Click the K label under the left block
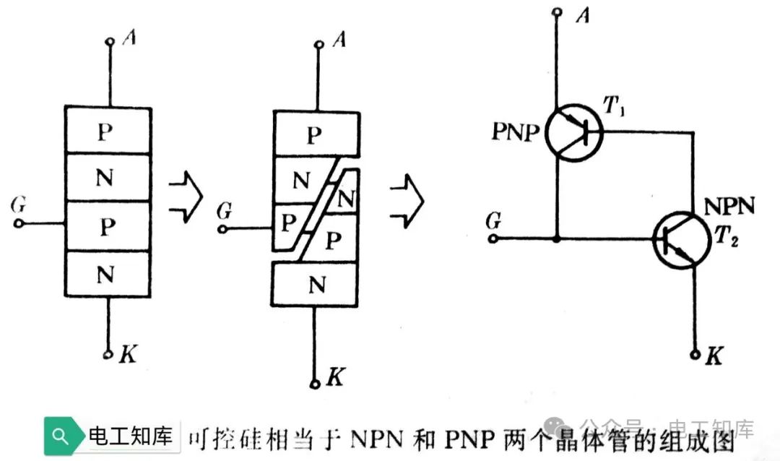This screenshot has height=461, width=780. (x=127, y=354)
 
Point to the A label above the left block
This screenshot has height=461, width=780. (x=129, y=38)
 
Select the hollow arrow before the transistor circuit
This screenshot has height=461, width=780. (x=406, y=197)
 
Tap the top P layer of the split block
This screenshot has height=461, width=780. (x=316, y=135)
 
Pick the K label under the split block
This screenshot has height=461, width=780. (x=335, y=376)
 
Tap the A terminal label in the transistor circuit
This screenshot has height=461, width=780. (x=582, y=16)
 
